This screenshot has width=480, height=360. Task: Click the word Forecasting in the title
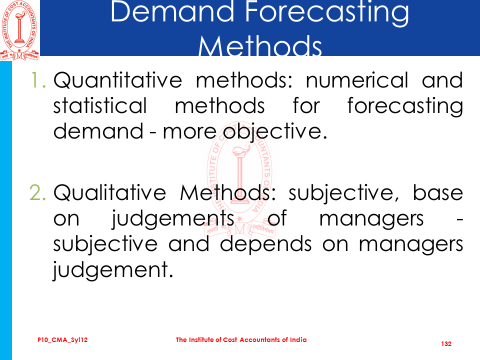click(x=327, y=12)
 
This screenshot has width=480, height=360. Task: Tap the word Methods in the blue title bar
click(x=260, y=45)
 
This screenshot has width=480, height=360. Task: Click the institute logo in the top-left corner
click(x=19, y=30)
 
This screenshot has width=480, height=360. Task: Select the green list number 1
click(x=38, y=80)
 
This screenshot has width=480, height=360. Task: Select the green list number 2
click(x=38, y=192)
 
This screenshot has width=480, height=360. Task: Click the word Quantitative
click(x=118, y=80)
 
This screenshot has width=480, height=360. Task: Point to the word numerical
click(x=357, y=80)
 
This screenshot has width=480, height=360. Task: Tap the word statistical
click(x=100, y=105)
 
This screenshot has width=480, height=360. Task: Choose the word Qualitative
click(x=109, y=192)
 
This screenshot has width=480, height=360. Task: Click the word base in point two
click(x=438, y=192)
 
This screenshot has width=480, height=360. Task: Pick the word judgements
click(x=173, y=219)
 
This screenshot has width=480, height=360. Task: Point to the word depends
click(x=265, y=244)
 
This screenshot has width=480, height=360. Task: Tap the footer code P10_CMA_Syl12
click(x=62, y=340)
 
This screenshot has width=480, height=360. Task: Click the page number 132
click(x=446, y=344)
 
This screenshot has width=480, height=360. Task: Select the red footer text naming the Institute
click(x=241, y=340)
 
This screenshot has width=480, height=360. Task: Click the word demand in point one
click(x=98, y=131)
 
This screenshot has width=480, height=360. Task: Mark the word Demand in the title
click(x=172, y=12)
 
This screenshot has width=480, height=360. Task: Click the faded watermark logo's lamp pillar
click(x=240, y=177)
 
